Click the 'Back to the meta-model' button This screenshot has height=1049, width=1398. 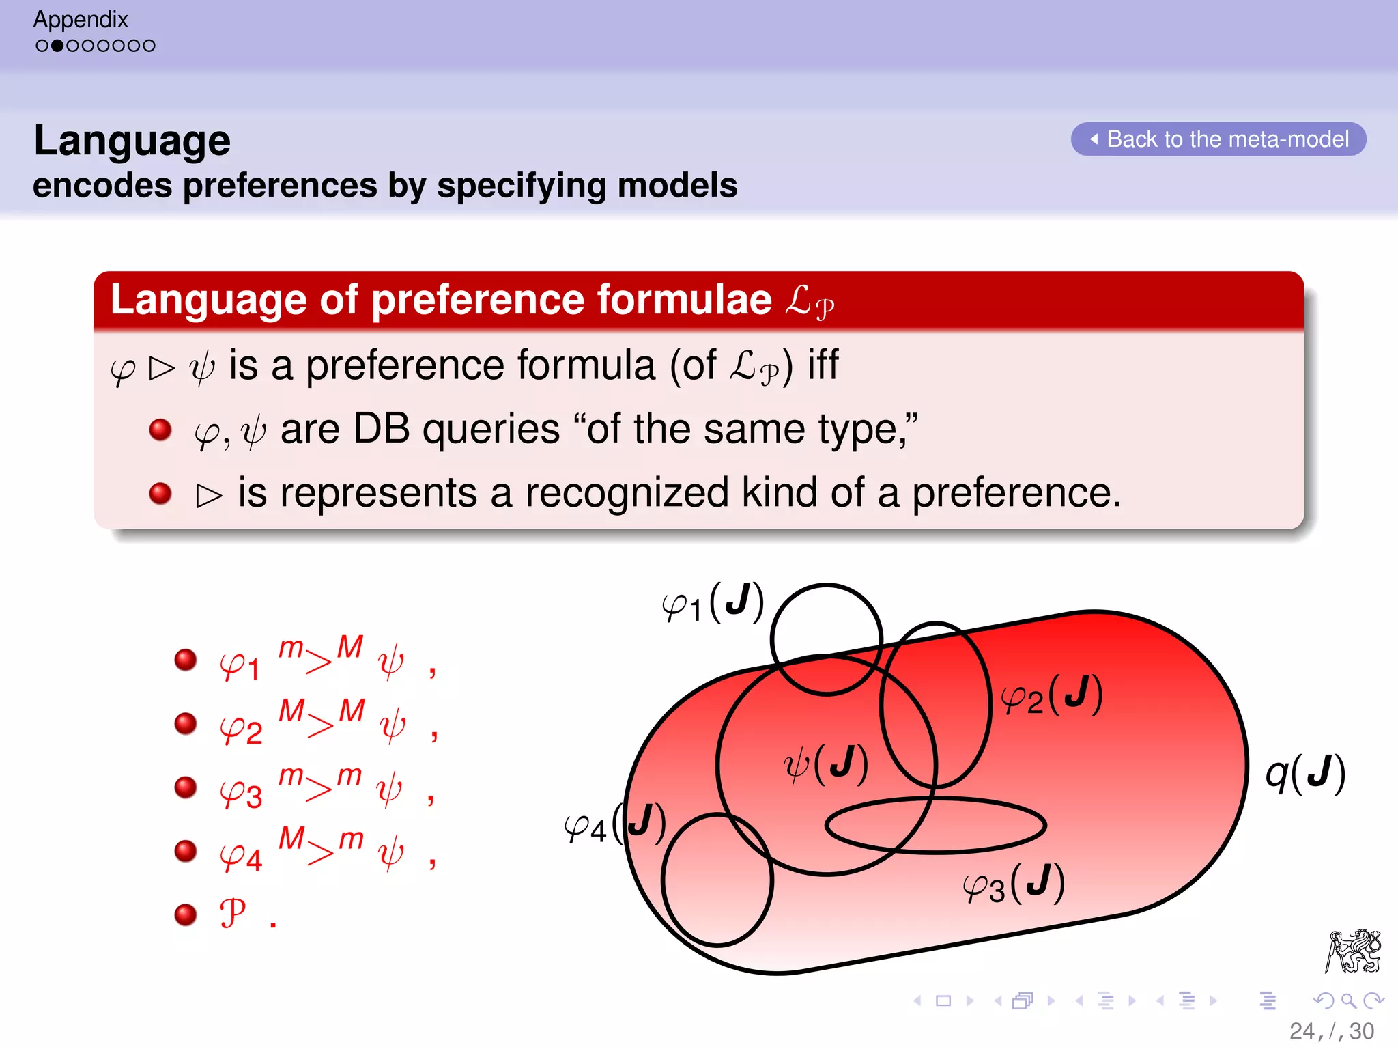(x=1218, y=139)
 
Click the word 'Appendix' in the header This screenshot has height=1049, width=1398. (x=81, y=19)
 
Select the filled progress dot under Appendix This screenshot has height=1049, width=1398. (x=57, y=46)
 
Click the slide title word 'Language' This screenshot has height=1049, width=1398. (x=132, y=141)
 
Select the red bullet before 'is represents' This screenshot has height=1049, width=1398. (x=160, y=492)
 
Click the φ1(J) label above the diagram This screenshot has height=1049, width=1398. (x=713, y=603)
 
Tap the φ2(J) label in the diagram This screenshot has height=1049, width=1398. (x=1052, y=695)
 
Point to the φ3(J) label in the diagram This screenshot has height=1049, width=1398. (x=1014, y=884)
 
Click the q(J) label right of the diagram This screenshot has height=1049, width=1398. (x=1305, y=773)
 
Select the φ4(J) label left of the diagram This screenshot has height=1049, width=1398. (x=613, y=824)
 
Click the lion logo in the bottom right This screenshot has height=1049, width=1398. (x=1353, y=951)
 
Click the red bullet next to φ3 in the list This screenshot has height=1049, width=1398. (x=186, y=787)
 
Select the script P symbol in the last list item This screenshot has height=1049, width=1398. (x=232, y=913)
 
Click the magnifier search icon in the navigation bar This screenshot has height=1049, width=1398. (x=1348, y=1001)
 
